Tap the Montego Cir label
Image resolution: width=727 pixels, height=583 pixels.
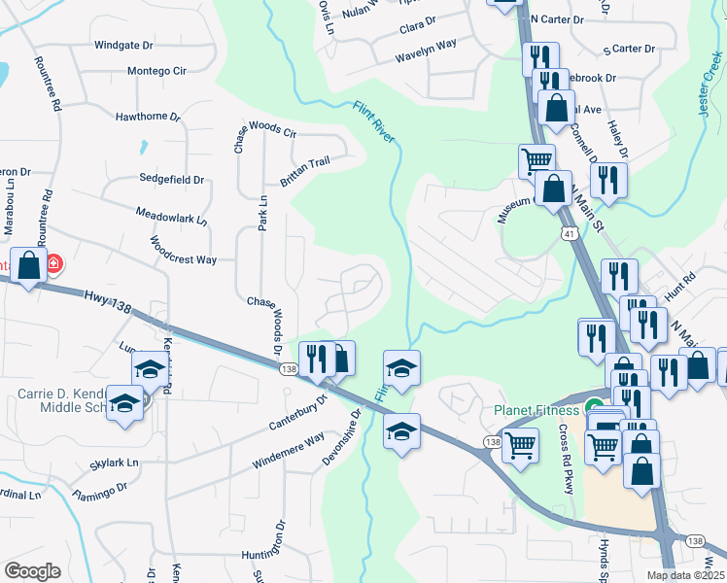pyautogui.click(x=156, y=72)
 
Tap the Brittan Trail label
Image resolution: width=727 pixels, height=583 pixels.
pyautogui.click(x=306, y=173)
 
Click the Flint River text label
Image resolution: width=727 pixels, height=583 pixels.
pyautogui.click(x=374, y=123)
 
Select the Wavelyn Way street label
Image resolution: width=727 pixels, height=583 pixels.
pyautogui.click(x=426, y=52)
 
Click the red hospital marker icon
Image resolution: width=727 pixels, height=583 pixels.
pyautogui.click(x=54, y=263)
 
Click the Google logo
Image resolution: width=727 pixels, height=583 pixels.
pyautogui.click(x=32, y=571)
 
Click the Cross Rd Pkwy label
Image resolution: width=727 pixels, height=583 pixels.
pyautogui.click(x=569, y=460)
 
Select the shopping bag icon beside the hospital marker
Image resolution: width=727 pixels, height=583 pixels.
pyautogui.click(x=29, y=264)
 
